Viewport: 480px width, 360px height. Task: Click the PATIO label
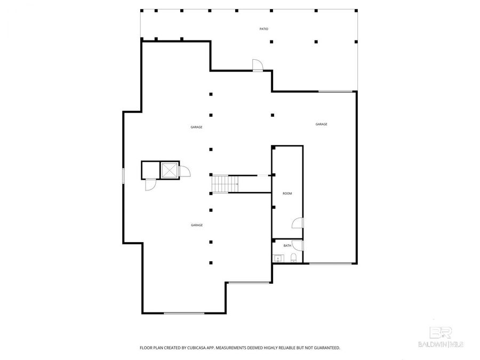pyautogui.click(x=264, y=29)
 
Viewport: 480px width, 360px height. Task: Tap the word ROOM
pyautogui.click(x=287, y=194)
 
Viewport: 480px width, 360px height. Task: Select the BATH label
pyautogui.click(x=287, y=246)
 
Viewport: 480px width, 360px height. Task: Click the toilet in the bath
pyautogui.click(x=294, y=259)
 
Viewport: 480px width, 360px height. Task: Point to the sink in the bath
pyautogui.click(x=277, y=259)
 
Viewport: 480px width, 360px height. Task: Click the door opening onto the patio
pyautogui.click(x=258, y=65)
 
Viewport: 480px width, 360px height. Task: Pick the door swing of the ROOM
pyautogui.click(x=298, y=224)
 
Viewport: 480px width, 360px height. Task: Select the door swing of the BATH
pyautogui.click(x=298, y=245)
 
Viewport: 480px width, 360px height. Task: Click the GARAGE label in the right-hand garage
pyautogui.click(x=321, y=124)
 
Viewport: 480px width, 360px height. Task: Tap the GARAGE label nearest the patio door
pyautogui.click(x=196, y=127)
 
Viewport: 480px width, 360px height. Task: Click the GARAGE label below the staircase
pyautogui.click(x=196, y=226)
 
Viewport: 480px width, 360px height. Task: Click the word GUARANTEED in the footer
pyautogui.click(x=325, y=348)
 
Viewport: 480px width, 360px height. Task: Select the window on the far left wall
pyautogui.click(x=123, y=176)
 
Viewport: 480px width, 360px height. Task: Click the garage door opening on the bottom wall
pyautogui.click(x=184, y=313)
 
